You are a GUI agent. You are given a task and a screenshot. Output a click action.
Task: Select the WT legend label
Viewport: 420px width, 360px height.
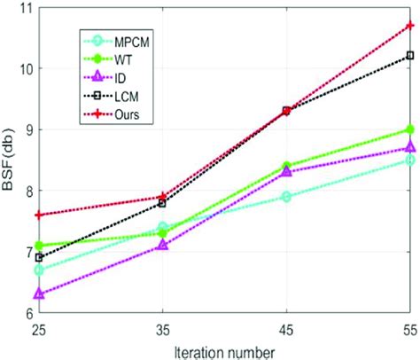pos(113,59)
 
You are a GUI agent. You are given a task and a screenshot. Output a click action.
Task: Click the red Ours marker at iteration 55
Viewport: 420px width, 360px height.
pos(408,26)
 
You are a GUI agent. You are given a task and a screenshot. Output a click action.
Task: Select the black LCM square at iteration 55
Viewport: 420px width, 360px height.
pos(408,56)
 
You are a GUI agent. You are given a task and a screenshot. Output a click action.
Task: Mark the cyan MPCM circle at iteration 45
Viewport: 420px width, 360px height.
pos(285,196)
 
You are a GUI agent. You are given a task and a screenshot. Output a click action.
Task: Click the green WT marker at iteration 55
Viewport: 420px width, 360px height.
pos(408,129)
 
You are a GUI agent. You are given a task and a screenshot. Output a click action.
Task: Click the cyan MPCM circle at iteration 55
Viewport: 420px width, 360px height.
pos(408,160)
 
